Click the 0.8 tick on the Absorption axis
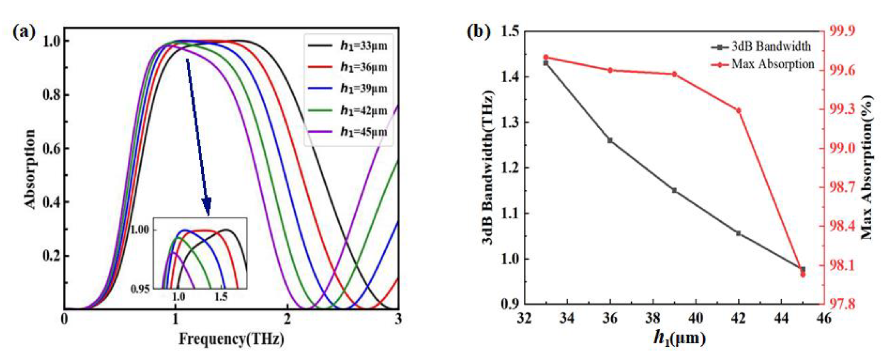coord(52,95)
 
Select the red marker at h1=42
coord(739,110)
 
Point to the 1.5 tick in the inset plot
coord(221,297)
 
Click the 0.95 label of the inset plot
coord(140,289)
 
